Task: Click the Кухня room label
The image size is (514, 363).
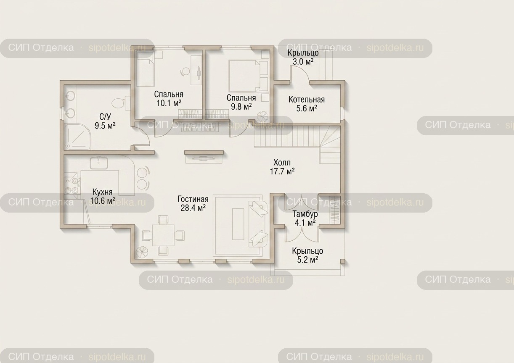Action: [102, 196]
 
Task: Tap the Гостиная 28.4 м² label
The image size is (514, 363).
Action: [193, 203]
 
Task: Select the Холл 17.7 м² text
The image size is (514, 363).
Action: [282, 167]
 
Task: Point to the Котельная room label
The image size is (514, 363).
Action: [307, 104]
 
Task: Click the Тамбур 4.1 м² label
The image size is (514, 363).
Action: [305, 218]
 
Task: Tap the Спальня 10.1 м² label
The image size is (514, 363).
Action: [169, 99]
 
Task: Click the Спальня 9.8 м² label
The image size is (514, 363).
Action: [241, 102]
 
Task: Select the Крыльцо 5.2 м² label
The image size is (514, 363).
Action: [307, 255]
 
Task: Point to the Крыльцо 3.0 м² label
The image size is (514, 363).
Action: [303, 57]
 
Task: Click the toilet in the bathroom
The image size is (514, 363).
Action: [121, 103]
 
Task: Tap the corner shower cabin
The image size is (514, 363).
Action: [77, 137]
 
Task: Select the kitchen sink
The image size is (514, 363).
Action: [99, 163]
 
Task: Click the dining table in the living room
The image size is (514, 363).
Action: [163, 235]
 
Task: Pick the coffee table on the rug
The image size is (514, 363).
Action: [238, 224]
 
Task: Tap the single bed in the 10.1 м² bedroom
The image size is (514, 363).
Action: [145, 69]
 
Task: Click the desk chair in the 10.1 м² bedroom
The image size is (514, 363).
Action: [185, 72]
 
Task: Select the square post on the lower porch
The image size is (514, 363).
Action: [342, 261]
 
